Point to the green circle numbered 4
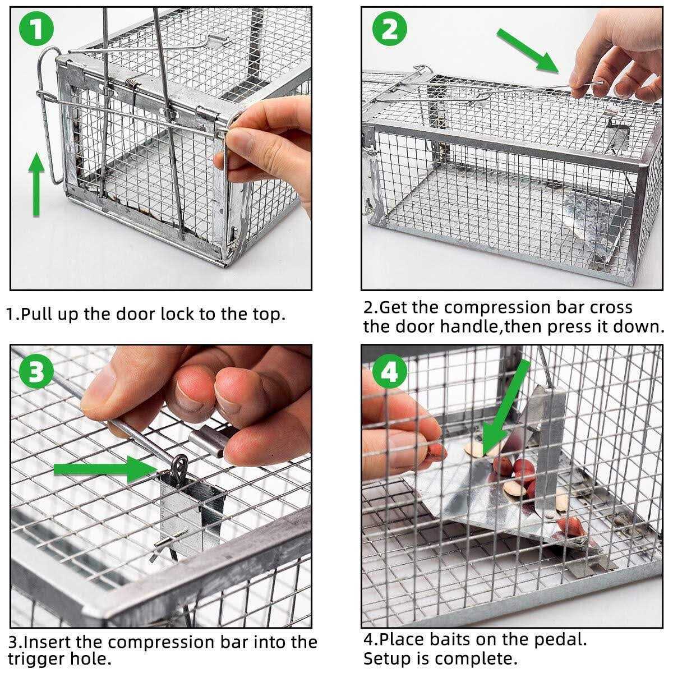(x=389, y=372)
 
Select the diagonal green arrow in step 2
(x=528, y=49)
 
